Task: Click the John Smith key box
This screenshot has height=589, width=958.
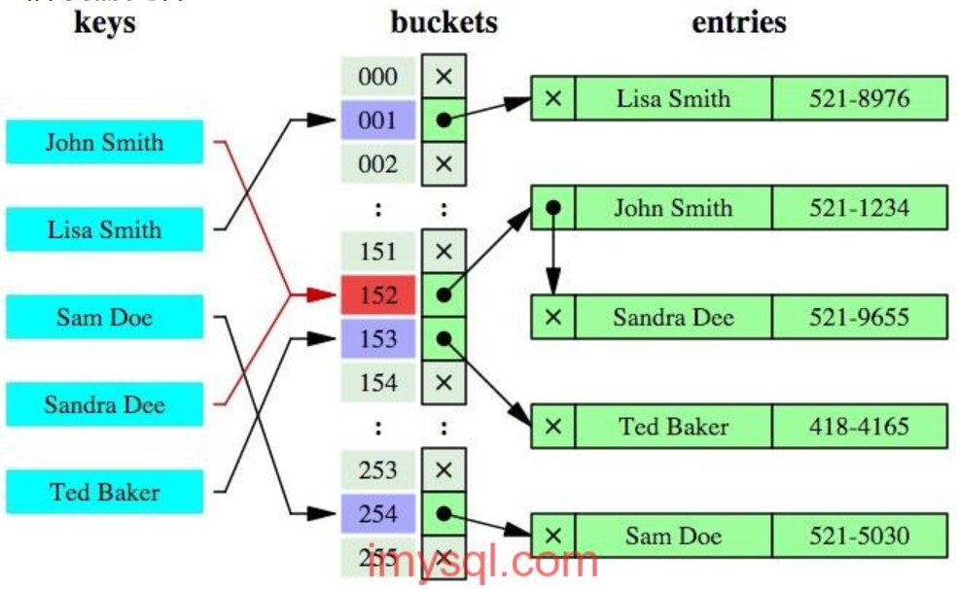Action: point(104,143)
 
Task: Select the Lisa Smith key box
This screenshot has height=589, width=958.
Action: point(104,230)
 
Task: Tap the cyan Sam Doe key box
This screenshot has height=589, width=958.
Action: point(104,318)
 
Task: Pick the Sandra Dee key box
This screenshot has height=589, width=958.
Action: point(104,404)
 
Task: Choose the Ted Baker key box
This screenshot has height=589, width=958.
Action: point(104,492)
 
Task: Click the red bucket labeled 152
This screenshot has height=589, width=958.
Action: point(377,295)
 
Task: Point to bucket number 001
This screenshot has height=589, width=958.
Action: point(377,121)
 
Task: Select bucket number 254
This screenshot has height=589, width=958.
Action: point(377,514)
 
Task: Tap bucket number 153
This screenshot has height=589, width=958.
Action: point(377,339)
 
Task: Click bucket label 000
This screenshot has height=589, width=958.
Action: point(377,77)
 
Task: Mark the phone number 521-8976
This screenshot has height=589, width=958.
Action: point(860,98)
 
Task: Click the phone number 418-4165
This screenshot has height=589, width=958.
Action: point(860,426)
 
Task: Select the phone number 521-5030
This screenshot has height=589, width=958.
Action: point(860,536)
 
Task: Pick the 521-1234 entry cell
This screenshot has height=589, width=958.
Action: point(860,207)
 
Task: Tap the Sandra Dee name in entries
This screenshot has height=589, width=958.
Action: point(673,317)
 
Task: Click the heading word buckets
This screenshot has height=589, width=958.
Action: point(444,22)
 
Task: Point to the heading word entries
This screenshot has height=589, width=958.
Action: point(739,22)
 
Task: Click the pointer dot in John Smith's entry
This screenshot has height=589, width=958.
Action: point(552,207)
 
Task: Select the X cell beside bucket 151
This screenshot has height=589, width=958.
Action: point(444,252)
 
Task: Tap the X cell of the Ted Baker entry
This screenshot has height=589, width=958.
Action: point(552,426)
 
